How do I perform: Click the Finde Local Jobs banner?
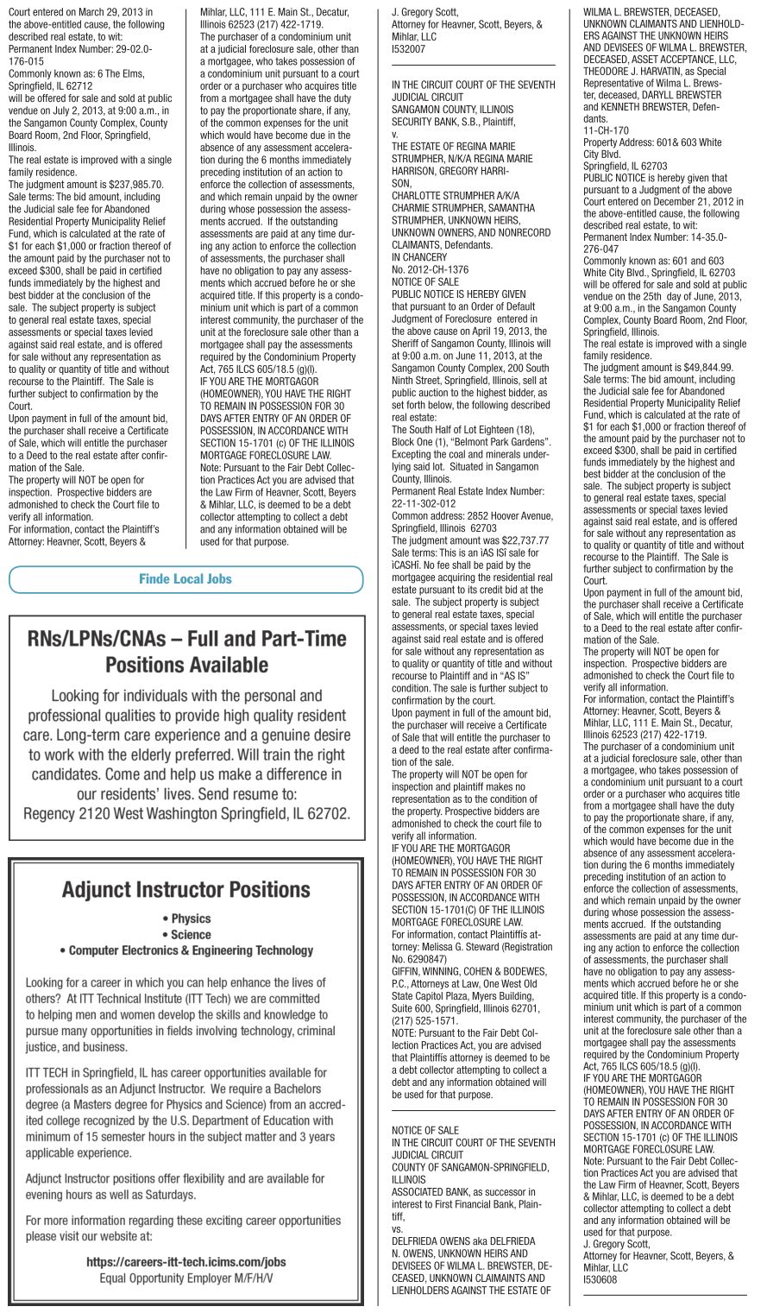click(185, 579)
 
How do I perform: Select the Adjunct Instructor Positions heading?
click(186, 890)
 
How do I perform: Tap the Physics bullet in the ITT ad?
click(186, 918)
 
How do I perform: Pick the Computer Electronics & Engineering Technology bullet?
click(186, 950)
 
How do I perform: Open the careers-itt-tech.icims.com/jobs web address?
click(186, 1261)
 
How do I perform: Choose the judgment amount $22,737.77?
click(517, 539)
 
